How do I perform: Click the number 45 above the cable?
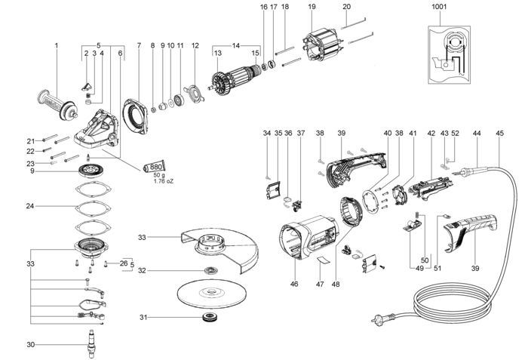pyautogui.click(x=499, y=134)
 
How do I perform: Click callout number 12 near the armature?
pyautogui.click(x=195, y=45)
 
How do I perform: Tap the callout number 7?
pyautogui.click(x=139, y=45)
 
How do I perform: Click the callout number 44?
pyautogui.click(x=476, y=134)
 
